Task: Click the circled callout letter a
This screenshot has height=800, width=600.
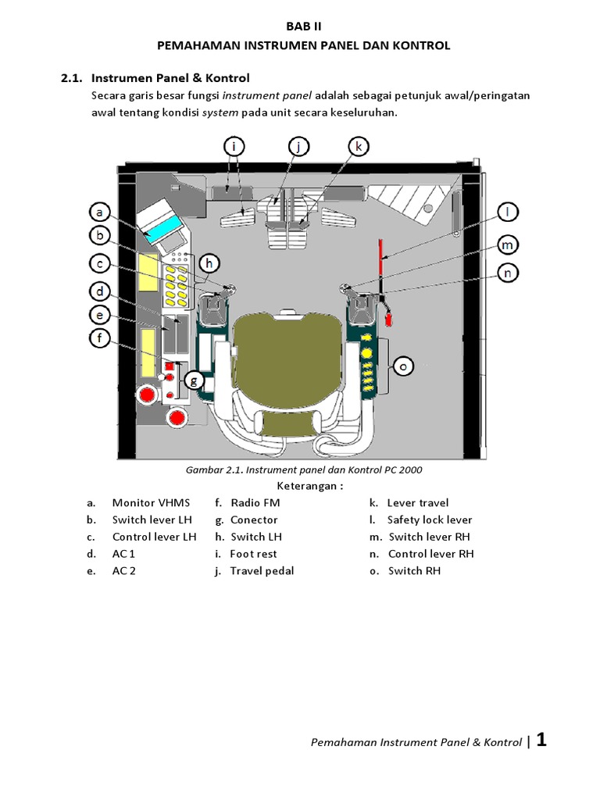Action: [x=99, y=212]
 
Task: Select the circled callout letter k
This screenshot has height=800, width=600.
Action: [x=358, y=146]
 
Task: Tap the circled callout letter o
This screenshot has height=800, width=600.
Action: [x=403, y=365]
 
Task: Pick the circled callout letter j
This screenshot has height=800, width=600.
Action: [x=298, y=146]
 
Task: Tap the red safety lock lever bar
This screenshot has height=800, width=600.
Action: [x=381, y=257]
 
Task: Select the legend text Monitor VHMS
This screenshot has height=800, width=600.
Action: [x=151, y=503]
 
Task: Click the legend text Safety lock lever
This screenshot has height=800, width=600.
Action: [x=429, y=520]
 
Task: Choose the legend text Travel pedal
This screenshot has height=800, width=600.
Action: [x=262, y=571]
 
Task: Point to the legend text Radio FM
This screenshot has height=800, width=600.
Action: [x=255, y=503]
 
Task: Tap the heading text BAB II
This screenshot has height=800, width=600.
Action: [x=303, y=26]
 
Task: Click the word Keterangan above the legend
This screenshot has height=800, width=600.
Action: [x=310, y=486]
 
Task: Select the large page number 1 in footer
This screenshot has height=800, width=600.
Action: [x=541, y=741]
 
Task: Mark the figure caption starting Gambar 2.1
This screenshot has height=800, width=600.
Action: [x=304, y=470]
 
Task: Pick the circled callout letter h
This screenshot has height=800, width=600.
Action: [x=208, y=265]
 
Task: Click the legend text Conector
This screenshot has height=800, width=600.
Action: [x=254, y=520]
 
